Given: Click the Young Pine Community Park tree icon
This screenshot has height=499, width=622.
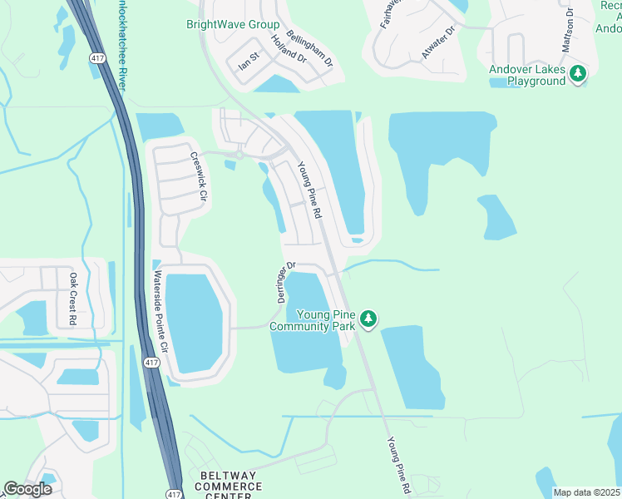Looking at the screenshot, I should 369,318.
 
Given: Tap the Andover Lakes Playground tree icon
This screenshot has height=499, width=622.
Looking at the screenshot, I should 578,75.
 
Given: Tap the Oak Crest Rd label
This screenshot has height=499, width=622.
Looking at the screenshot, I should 73,299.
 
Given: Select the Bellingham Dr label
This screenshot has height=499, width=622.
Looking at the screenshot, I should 309,49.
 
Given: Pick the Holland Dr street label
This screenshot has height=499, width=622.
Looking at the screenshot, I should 289,49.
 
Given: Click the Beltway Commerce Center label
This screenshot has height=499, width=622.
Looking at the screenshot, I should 226,486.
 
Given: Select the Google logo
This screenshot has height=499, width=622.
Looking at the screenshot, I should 27,488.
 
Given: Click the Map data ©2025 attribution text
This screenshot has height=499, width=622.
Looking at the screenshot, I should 586,492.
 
